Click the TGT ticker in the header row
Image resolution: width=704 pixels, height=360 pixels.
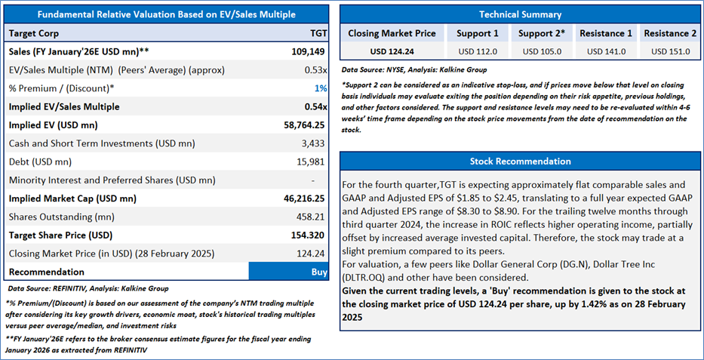(x=318, y=33)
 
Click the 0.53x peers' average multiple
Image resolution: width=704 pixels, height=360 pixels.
(x=316, y=70)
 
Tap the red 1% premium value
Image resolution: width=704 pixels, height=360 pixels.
(x=321, y=88)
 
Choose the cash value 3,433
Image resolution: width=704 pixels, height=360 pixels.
(x=315, y=143)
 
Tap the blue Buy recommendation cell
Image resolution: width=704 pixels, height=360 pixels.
(x=288, y=272)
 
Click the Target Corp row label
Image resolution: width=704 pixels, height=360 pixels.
(x=33, y=33)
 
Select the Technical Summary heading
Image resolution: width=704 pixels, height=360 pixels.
(x=520, y=14)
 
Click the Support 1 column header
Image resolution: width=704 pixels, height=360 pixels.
(x=477, y=34)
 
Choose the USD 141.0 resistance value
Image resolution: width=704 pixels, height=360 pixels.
(x=605, y=51)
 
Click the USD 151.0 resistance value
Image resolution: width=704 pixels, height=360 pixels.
(x=670, y=51)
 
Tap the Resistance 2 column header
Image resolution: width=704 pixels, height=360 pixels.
(x=670, y=34)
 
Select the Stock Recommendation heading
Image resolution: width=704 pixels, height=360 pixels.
(x=520, y=162)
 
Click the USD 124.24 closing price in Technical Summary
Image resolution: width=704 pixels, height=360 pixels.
(x=392, y=51)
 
